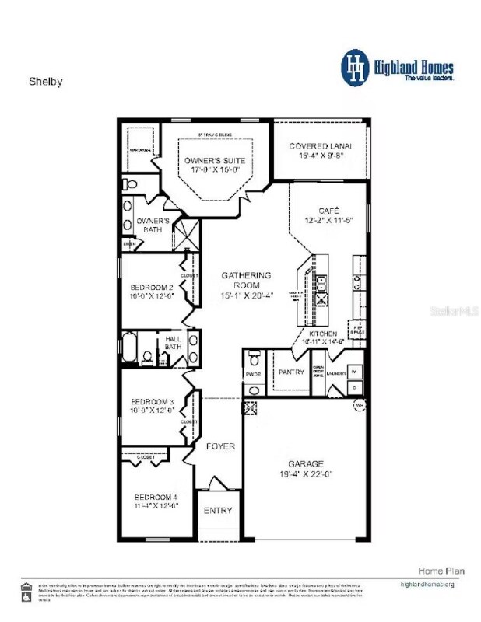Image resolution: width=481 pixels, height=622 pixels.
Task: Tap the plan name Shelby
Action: (45, 80)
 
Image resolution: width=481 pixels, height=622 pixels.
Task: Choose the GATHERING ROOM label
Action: (246, 275)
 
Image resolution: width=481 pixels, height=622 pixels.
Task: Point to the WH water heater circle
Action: (358, 405)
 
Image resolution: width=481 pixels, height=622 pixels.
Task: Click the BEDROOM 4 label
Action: (156, 498)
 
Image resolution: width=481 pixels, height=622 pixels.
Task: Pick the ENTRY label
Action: (218, 511)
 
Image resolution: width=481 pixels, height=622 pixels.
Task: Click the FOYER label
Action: (220, 446)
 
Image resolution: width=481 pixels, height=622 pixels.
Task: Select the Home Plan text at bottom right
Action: (441, 571)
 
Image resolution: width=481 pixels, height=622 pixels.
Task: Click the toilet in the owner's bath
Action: (130, 185)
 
